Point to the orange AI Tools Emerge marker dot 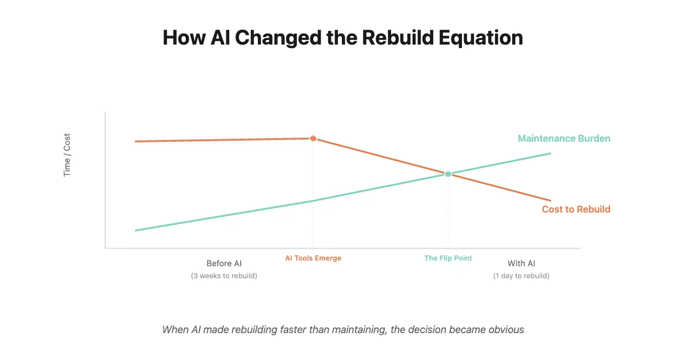click(313, 138)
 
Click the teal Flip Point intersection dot click(448, 174)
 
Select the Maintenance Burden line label click(564, 138)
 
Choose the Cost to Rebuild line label click(576, 209)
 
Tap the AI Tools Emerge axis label click(313, 258)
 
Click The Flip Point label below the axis click(448, 258)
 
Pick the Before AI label click(224, 263)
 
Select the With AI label click(521, 263)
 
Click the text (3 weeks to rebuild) click(224, 276)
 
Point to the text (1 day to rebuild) click(521, 276)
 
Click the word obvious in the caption click(506, 330)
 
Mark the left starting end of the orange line click(135, 141)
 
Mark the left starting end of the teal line click(135, 230)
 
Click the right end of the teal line click(551, 153)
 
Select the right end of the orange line click(551, 201)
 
